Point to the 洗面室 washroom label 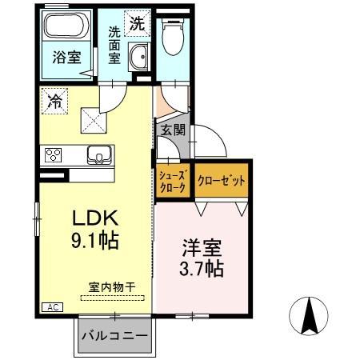coord(117,47)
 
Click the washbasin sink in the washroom coord(138,58)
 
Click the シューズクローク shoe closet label coord(172,181)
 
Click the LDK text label coord(96,218)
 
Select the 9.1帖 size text coord(97,240)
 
